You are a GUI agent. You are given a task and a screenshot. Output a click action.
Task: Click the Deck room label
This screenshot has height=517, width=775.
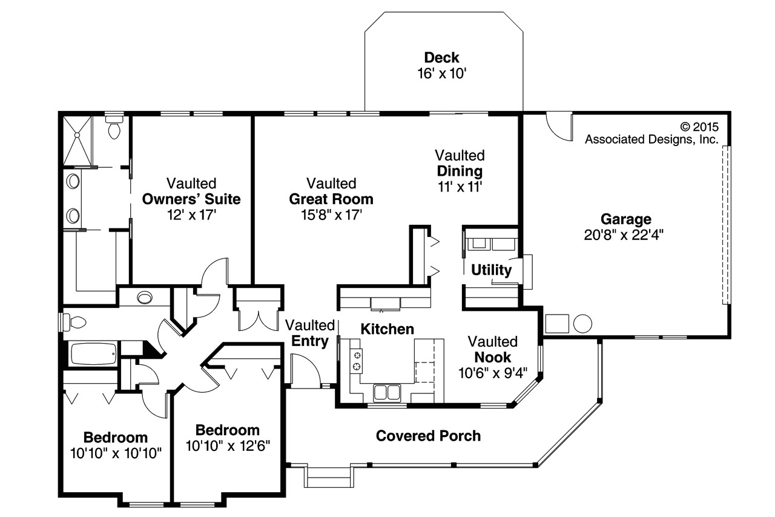coord(441,58)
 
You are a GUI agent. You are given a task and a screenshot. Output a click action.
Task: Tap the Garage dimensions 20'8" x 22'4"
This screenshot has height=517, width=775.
coord(624,235)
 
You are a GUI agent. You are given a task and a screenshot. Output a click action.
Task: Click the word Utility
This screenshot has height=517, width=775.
coord(491,270)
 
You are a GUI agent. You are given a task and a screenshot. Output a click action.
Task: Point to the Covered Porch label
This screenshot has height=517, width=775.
coord(428,436)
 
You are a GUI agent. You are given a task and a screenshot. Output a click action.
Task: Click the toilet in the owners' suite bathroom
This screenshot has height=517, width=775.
coord(114,128)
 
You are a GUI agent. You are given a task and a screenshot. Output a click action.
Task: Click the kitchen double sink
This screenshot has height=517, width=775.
coord(386,392)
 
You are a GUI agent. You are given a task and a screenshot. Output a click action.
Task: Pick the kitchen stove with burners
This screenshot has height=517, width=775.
coord(357,360)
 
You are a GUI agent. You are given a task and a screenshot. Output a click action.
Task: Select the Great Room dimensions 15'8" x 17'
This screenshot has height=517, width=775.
coord(331,215)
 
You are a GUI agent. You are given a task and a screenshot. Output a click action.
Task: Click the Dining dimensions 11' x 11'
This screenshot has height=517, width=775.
coord(460,187)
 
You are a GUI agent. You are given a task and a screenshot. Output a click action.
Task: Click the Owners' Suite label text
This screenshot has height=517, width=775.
coord(191,199)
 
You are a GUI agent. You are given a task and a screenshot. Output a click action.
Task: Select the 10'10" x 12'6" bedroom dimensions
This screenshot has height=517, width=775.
coord(227,446)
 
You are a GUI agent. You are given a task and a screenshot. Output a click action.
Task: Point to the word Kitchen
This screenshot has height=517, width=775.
coord(387,329)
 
